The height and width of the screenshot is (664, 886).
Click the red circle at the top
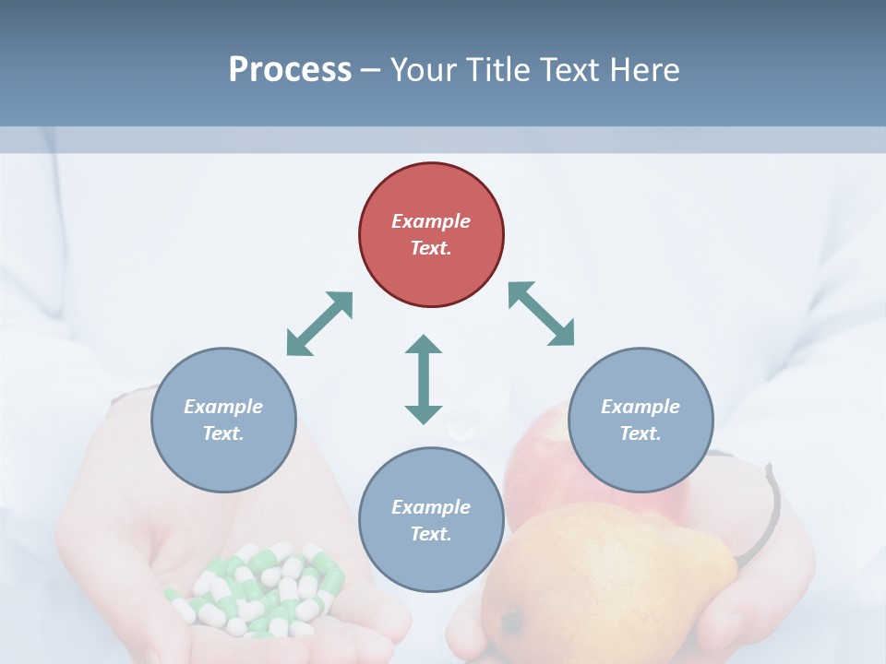click(431, 235)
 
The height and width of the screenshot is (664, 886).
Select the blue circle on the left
click(223, 420)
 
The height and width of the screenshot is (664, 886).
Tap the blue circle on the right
click(641, 420)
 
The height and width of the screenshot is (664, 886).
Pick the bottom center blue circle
click(431, 520)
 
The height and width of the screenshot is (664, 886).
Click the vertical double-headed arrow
click(424, 379)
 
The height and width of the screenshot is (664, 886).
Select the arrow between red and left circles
click(319, 324)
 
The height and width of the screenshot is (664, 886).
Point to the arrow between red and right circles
click(542, 314)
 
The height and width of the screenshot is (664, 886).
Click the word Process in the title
click(290, 69)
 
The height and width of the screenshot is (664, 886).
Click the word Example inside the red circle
click(431, 221)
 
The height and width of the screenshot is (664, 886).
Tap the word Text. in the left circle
click(223, 433)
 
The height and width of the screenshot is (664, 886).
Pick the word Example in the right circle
click(641, 407)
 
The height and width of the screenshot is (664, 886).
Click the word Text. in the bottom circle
click(431, 534)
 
